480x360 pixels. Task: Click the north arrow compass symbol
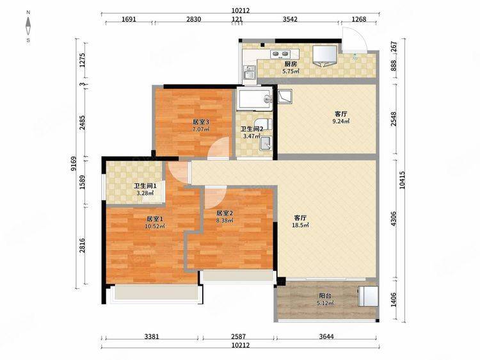click(28, 26)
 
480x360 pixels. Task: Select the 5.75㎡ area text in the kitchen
click(291, 71)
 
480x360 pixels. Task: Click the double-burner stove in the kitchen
click(280, 54)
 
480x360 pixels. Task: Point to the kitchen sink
click(250, 72)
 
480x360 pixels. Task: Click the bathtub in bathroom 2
click(255, 98)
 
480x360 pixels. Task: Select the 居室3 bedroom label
click(200, 122)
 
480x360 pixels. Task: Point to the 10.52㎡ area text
click(155, 226)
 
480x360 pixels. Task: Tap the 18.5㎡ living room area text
click(300, 225)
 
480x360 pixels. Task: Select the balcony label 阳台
click(325, 296)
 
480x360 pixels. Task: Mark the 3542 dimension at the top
click(290, 19)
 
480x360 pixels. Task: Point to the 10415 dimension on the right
click(402, 179)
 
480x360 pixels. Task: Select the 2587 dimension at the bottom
click(238, 336)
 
